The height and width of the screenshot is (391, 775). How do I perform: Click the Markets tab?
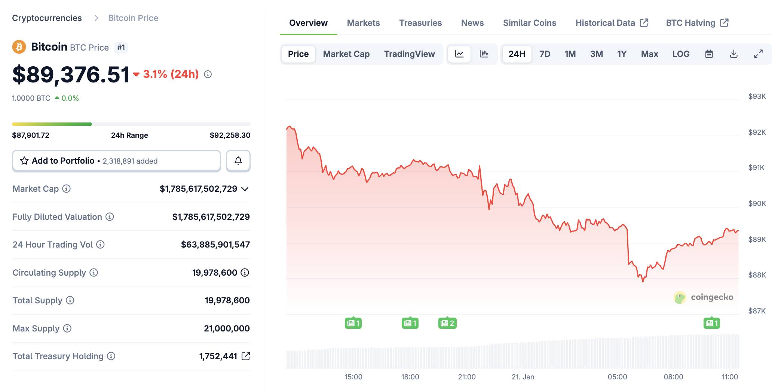point(363,23)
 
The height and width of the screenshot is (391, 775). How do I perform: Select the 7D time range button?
point(545,54)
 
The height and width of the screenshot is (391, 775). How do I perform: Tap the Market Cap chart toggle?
point(346,54)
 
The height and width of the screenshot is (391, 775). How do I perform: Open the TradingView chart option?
point(409,54)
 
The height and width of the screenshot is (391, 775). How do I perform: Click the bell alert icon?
point(238,161)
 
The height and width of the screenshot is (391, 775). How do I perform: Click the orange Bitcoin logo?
point(19,47)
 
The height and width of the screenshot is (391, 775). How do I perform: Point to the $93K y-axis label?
point(757,96)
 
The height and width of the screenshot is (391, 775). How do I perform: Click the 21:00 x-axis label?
point(467,377)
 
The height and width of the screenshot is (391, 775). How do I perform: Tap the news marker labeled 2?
point(447,323)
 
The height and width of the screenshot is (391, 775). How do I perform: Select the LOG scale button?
point(681,54)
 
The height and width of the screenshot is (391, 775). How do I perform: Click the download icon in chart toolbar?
point(733,54)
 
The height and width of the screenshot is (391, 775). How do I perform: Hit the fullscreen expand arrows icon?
point(758,54)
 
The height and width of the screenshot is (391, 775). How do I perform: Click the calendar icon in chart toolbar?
point(709,54)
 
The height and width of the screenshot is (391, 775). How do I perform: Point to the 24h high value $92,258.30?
point(230,135)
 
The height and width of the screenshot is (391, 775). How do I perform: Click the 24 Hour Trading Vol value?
point(215,245)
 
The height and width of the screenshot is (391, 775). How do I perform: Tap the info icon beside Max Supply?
point(67,328)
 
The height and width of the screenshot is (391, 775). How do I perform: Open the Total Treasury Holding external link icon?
point(246,356)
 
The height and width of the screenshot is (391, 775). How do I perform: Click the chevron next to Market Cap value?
point(245,189)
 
